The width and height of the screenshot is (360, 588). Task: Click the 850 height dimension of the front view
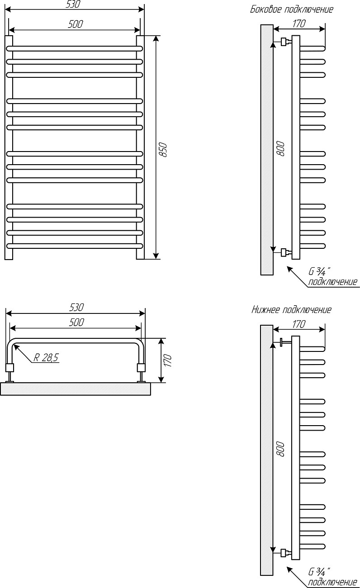click(163, 150)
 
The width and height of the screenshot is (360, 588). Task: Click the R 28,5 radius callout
click(47, 357)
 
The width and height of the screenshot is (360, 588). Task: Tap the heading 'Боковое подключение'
click(292, 9)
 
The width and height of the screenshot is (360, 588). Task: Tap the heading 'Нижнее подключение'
click(291, 310)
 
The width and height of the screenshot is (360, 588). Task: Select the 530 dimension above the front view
click(73, 4)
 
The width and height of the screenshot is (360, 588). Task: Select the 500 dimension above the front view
click(76, 24)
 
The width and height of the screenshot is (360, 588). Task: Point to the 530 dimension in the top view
click(76, 308)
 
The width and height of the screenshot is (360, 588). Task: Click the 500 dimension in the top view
click(76, 322)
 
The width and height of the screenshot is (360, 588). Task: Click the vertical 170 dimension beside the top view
click(167, 360)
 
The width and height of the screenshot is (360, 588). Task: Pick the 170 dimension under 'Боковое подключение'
click(299, 24)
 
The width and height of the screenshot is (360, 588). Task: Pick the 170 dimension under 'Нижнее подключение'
click(299, 324)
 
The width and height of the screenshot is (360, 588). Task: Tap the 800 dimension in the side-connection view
click(280, 148)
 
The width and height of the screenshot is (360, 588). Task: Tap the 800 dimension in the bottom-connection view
click(280, 449)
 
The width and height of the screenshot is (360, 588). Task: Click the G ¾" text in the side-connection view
click(319, 271)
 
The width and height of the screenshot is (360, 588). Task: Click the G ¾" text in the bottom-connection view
click(319, 571)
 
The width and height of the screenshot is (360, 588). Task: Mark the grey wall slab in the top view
click(76, 389)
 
